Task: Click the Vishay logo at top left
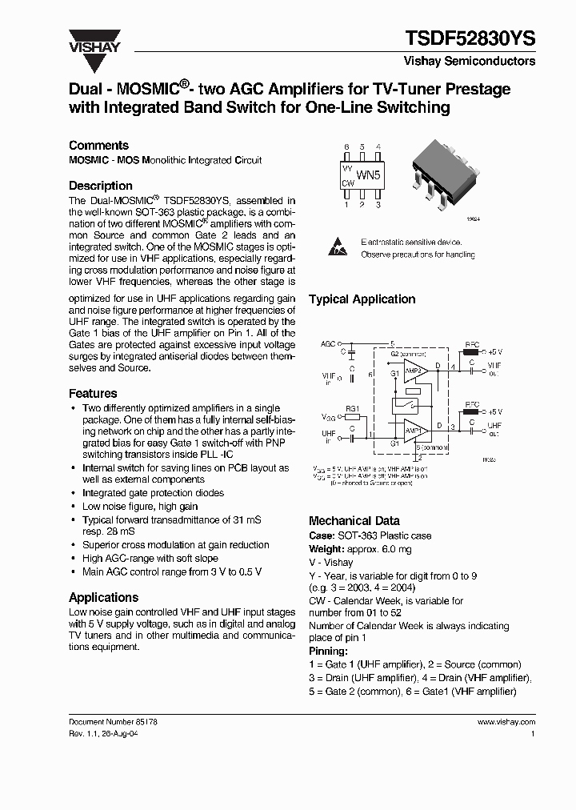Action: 94,41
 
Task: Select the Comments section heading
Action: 98,145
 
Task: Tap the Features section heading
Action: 93,393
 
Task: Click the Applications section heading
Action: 104,597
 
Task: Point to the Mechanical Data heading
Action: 354,520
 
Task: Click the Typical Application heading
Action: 362,299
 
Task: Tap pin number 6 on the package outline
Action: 346,147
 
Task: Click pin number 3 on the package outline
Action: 378,205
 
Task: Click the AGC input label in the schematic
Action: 328,343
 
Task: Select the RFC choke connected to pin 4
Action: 471,350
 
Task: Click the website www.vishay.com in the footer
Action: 506,721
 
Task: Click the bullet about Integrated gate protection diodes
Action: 153,493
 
